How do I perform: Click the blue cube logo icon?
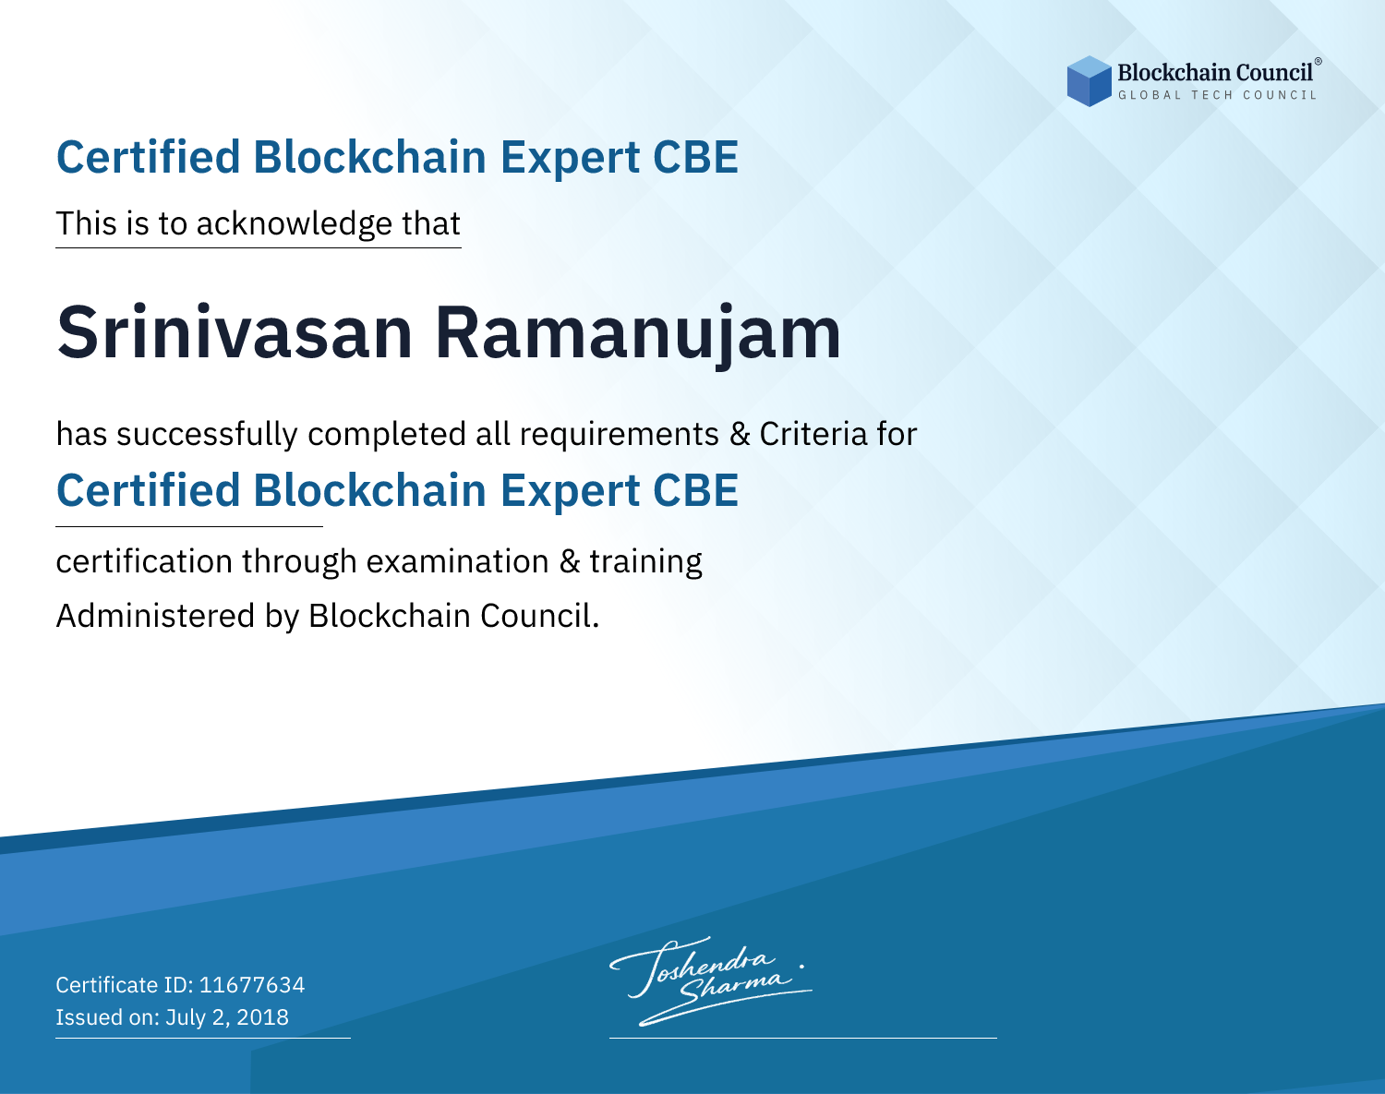click(x=1089, y=81)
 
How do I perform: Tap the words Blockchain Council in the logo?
click(x=1215, y=73)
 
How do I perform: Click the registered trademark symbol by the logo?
click(x=1319, y=61)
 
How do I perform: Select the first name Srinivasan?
click(x=235, y=332)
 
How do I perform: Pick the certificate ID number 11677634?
click(x=252, y=984)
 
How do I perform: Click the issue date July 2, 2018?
click(x=227, y=1016)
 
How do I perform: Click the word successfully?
click(x=207, y=435)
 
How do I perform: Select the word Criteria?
click(x=813, y=434)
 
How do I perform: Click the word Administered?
click(x=156, y=616)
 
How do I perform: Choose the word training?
click(x=645, y=562)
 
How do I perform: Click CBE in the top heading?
click(x=695, y=157)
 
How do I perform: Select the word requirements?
click(x=620, y=435)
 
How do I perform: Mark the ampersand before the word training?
click(x=569, y=561)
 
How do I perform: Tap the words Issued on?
click(x=107, y=1016)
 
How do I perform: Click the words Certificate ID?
click(x=125, y=984)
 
